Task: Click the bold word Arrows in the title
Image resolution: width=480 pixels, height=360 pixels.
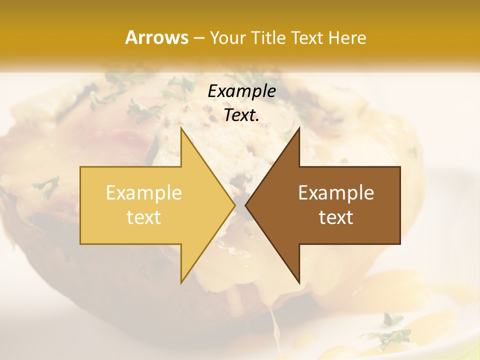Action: tap(156, 37)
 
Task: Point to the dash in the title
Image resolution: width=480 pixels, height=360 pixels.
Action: tap(198, 38)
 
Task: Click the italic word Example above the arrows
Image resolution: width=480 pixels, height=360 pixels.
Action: tap(241, 91)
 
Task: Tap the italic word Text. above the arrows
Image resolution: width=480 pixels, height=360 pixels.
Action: tap(241, 115)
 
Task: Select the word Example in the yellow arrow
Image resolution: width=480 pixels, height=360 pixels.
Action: tap(144, 192)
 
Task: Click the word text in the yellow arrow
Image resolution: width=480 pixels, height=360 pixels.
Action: tap(144, 217)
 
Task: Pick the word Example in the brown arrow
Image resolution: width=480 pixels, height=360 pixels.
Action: tap(336, 192)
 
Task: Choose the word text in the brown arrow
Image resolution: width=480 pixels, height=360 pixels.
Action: tap(336, 217)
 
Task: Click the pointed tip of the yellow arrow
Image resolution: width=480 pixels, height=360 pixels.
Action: tap(234, 205)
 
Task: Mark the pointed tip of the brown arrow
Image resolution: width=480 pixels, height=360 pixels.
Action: tap(245, 205)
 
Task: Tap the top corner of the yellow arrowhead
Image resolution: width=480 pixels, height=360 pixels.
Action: tap(181, 128)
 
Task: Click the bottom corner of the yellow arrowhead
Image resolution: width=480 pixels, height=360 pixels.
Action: tap(181, 282)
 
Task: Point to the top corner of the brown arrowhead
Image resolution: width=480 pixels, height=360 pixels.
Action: tap(299, 128)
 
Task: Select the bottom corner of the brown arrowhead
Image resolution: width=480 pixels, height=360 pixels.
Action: tap(299, 282)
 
